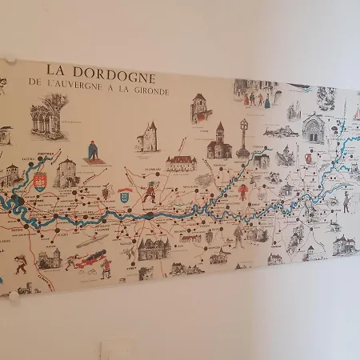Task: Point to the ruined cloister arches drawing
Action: pyautogui.click(x=50, y=116)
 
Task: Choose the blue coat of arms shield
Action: pyautogui.click(x=125, y=194)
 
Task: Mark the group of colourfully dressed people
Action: pyautogui.click(x=258, y=98)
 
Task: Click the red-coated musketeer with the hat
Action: pyautogui.click(x=149, y=191)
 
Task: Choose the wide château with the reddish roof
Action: pyautogui.click(x=182, y=162)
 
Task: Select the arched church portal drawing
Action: pyautogui.click(x=313, y=129)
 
